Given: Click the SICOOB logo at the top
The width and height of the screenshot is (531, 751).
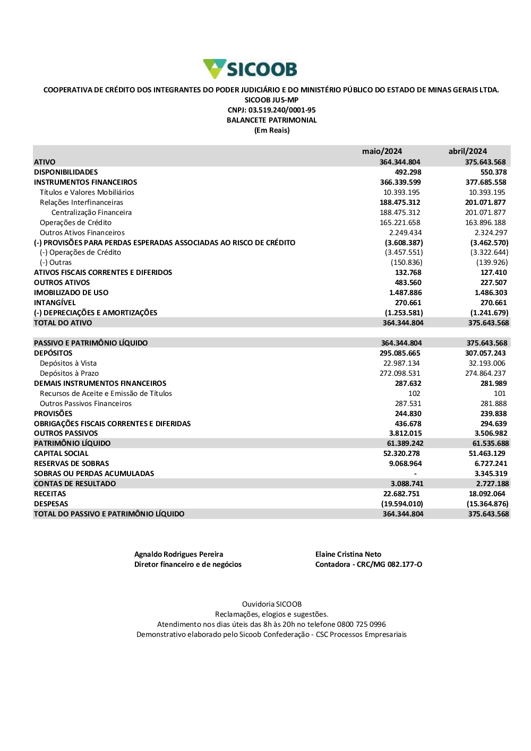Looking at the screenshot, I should [x=250, y=69].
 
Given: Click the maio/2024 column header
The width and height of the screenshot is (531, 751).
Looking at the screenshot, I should [x=382, y=151].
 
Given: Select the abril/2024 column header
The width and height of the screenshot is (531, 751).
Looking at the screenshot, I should [x=467, y=151].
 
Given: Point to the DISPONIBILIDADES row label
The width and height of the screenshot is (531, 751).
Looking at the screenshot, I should [x=66, y=172].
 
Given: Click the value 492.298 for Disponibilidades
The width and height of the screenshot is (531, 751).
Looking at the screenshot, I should [x=408, y=172].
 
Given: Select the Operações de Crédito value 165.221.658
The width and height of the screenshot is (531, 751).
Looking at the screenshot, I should [x=400, y=222].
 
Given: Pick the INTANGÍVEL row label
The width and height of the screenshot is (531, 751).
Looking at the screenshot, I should [x=55, y=303].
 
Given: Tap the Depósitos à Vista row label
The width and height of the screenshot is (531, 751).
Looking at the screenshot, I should [x=68, y=363].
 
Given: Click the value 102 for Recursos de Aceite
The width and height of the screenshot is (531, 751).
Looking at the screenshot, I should [x=414, y=393].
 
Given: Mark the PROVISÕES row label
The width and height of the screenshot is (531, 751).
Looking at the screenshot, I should [x=53, y=413].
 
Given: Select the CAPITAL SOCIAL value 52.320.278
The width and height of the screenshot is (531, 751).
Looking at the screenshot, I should [x=401, y=453].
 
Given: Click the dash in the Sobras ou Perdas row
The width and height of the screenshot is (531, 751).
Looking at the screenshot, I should [x=415, y=473].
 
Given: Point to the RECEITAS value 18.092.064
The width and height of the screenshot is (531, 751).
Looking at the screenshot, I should [x=487, y=494].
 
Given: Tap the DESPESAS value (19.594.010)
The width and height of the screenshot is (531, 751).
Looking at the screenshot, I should [x=402, y=504].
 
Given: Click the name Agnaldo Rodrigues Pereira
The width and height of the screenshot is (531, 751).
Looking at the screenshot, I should [x=178, y=554].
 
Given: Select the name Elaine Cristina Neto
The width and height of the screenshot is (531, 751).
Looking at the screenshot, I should [x=348, y=554].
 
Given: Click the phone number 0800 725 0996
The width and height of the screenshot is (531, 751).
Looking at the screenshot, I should [x=361, y=624].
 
